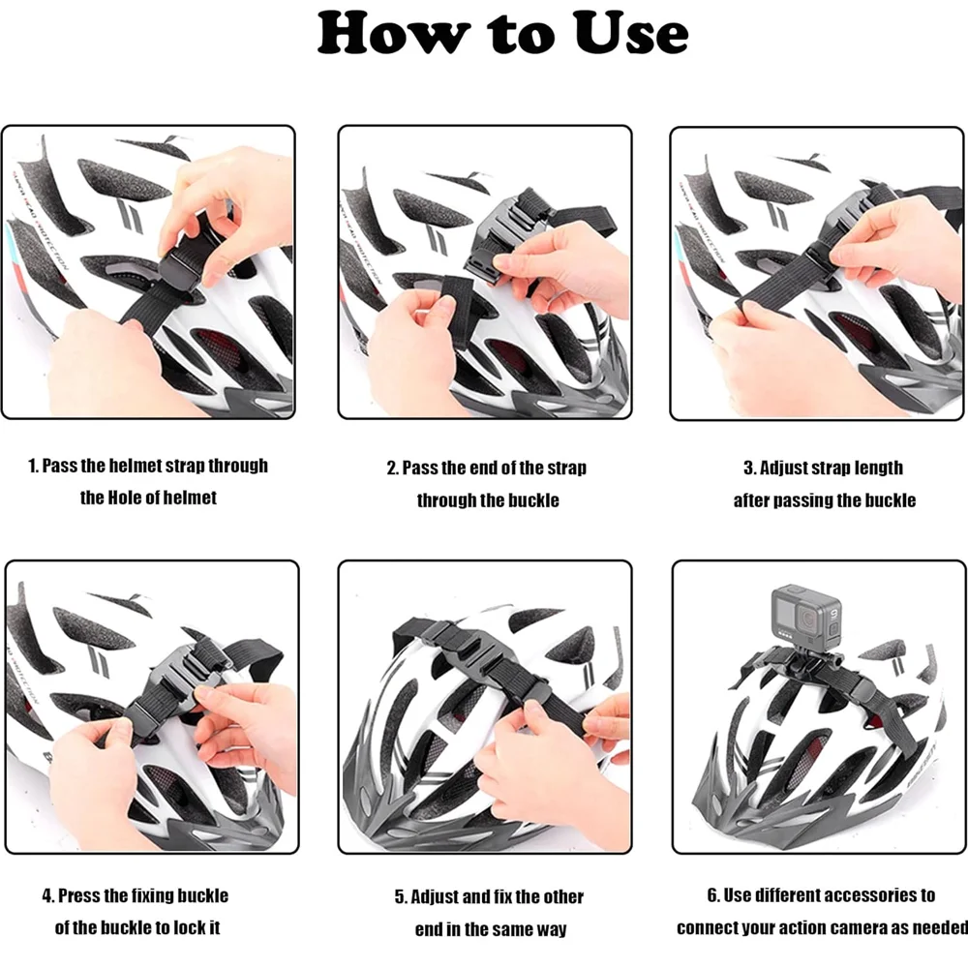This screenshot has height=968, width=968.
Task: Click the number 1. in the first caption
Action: point(33,466)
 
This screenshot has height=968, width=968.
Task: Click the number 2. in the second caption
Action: point(393,469)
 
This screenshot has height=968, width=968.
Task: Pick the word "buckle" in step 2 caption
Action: point(535,500)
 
